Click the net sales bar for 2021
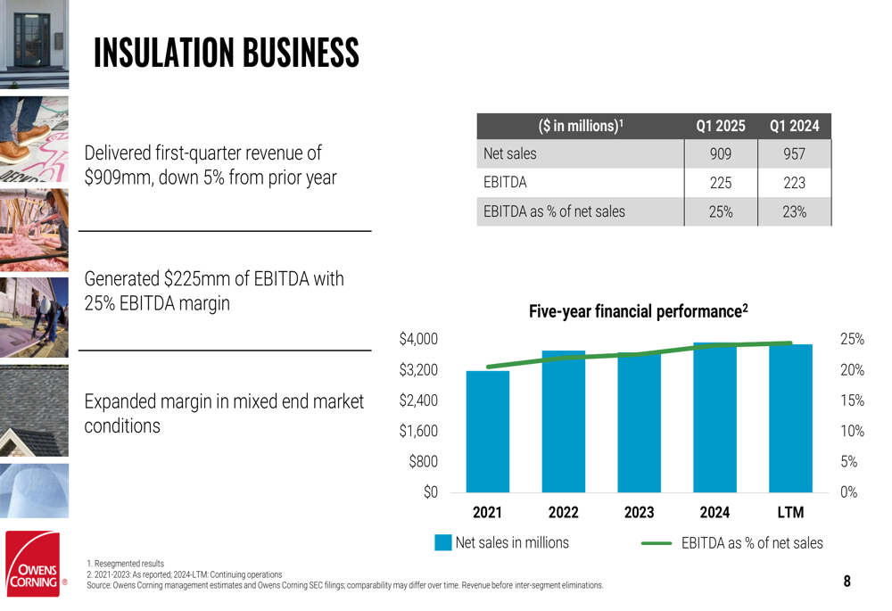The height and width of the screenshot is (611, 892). [487, 432]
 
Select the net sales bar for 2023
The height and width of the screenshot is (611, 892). [639, 423]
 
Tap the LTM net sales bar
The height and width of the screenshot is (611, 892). [790, 418]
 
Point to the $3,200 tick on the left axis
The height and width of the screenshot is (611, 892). [418, 369]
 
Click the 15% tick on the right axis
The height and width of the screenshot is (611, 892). [852, 400]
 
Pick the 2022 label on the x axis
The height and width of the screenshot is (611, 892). [563, 513]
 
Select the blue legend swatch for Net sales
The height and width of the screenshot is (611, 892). [443, 542]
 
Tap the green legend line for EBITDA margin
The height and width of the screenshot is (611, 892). [656, 542]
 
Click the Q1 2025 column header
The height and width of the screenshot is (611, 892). [721, 126]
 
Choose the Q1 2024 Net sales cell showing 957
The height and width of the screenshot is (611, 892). [794, 154]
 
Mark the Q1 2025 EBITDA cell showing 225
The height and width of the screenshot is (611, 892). [721, 183]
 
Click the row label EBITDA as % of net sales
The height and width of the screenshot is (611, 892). [554, 212]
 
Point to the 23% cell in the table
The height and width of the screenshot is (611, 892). [794, 212]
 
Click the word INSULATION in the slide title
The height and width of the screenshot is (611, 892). [161, 54]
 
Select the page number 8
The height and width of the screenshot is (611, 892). [847, 582]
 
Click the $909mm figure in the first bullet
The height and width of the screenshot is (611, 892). [116, 178]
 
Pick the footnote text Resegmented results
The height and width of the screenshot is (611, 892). [128, 564]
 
